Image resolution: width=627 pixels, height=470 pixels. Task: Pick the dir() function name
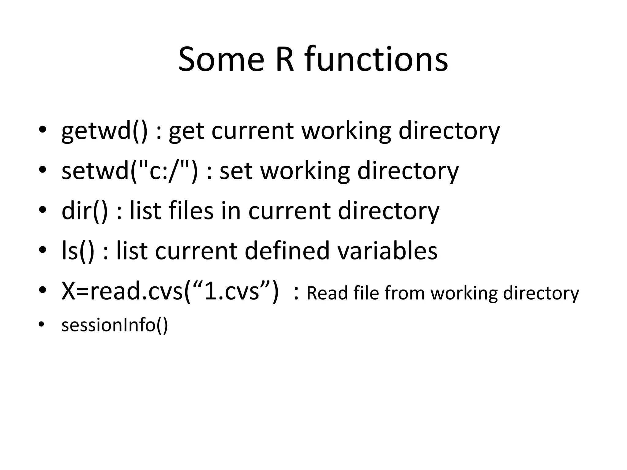[85, 211]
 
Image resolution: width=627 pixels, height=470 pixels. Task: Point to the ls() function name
[78, 251]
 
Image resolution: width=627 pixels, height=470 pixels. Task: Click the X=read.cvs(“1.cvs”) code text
[170, 291]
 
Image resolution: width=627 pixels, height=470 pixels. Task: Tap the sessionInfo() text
[115, 325]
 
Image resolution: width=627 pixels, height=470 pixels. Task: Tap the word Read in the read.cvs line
[327, 293]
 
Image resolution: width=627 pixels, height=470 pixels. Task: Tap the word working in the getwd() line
[346, 131]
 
